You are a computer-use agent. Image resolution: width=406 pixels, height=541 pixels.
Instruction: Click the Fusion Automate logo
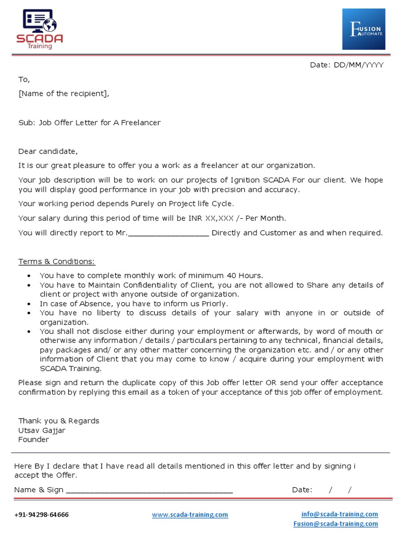pyautogui.click(x=363, y=29)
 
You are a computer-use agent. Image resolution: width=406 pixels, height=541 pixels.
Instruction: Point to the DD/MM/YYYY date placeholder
pyautogui.click(x=358, y=65)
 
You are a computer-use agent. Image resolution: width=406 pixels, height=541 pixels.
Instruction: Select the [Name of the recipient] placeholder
pyautogui.click(x=64, y=94)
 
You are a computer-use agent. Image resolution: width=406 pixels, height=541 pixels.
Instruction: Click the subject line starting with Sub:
pyautogui.click(x=89, y=123)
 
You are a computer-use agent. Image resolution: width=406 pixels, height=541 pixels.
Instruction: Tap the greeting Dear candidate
pyautogui.click(x=48, y=151)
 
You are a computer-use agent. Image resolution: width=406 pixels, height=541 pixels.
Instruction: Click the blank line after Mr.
pyautogui.click(x=169, y=233)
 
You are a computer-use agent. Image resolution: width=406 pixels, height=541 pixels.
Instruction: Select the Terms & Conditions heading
pyautogui.click(x=57, y=262)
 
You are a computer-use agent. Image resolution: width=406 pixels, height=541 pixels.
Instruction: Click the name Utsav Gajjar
pyautogui.click(x=42, y=430)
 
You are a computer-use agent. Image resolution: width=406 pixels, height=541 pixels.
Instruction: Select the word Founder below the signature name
pyautogui.click(x=33, y=440)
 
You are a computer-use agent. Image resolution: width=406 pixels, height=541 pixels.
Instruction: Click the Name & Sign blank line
pyautogui.click(x=149, y=490)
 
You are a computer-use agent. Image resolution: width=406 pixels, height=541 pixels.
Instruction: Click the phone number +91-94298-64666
pyautogui.click(x=41, y=515)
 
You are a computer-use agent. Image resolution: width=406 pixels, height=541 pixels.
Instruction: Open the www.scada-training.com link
pyautogui.click(x=190, y=515)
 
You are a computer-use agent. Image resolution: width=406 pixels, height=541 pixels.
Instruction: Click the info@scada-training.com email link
pyautogui.click(x=339, y=514)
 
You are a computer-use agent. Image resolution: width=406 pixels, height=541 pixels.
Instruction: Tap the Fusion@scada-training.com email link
pyautogui.click(x=336, y=524)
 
